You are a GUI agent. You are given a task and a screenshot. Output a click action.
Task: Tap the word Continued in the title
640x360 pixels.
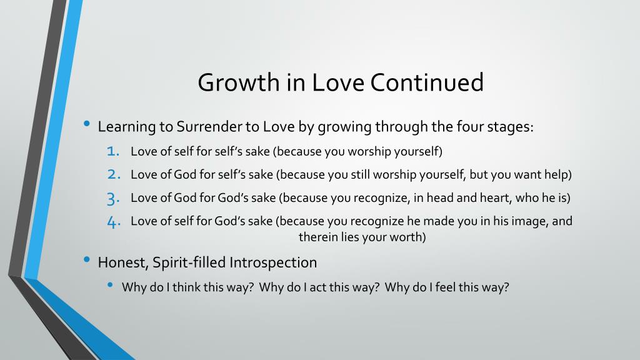[427, 82]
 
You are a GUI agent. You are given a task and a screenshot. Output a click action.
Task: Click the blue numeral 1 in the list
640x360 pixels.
[112, 151]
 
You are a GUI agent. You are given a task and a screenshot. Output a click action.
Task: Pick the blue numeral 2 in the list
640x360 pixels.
[114, 174]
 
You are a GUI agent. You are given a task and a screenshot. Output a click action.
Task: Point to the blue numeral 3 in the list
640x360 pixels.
[113, 199]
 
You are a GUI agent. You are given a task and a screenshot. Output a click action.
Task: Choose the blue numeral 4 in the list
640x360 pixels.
[114, 222]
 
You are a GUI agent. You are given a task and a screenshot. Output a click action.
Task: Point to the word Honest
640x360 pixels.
[123, 263]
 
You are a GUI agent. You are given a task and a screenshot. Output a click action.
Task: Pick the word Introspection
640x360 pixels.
[273, 263]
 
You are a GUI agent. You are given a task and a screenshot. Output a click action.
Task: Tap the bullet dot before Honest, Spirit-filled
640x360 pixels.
[86, 259]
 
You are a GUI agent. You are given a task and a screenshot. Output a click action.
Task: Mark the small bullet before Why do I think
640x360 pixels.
[110, 284]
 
